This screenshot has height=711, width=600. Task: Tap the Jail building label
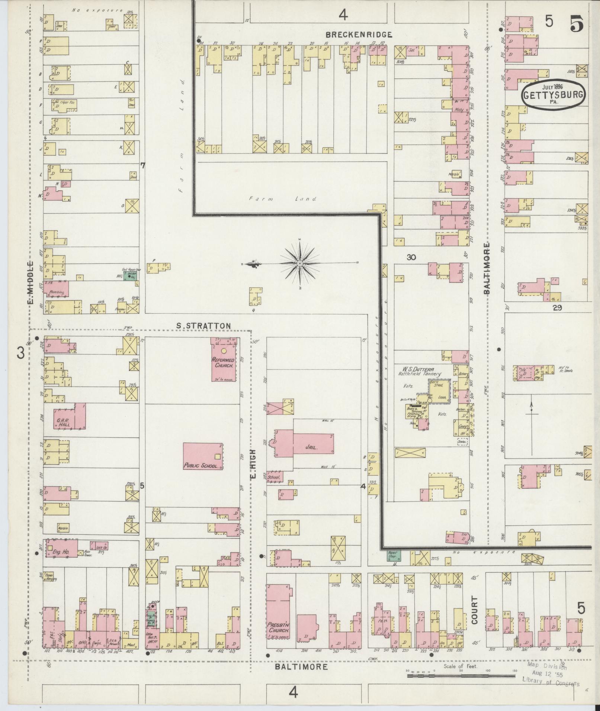(311, 447)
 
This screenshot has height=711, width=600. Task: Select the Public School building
(203, 456)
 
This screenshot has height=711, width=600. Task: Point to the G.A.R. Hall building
(70, 416)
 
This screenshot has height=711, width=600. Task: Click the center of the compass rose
(299, 263)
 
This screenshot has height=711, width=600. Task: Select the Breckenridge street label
(359, 35)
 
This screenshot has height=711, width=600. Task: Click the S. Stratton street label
(203, 326)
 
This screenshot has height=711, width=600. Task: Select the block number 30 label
(411, 257)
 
